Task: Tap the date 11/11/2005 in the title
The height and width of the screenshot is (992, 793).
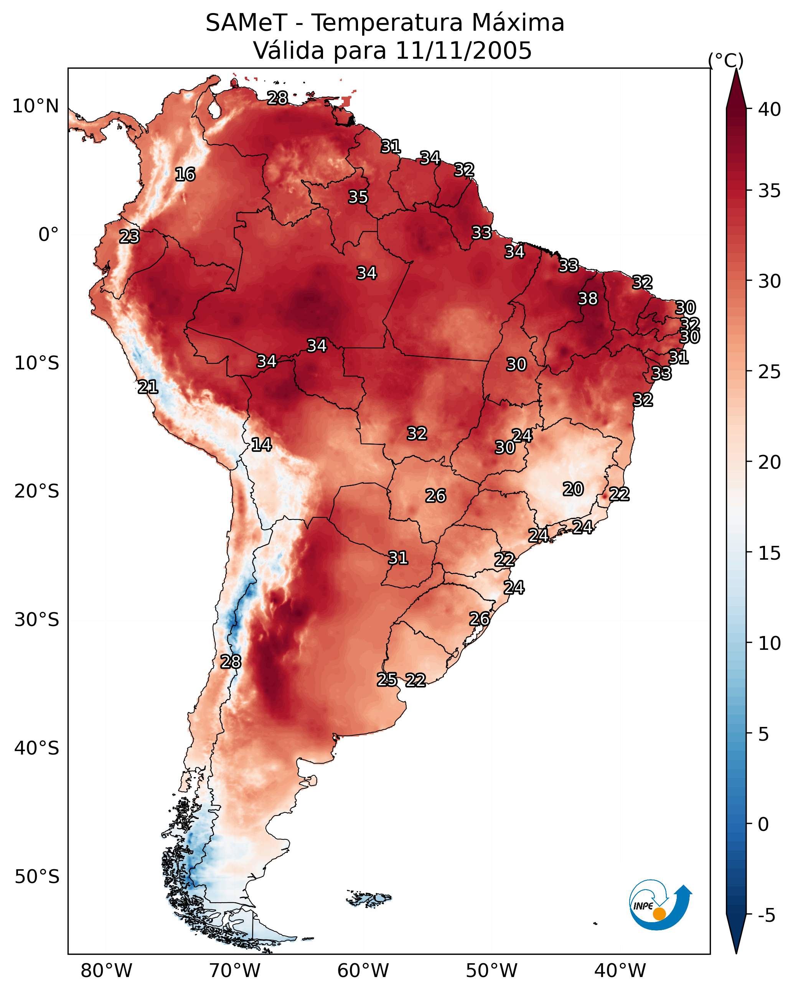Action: (x=463, y=51)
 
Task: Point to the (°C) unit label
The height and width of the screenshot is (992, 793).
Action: (x=725, y=60)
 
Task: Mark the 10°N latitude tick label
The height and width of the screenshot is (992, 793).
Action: (x=35, y=106)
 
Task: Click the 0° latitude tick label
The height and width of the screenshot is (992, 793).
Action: (x=48, y=235)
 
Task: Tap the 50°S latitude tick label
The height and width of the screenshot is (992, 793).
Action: (x=37, y=877)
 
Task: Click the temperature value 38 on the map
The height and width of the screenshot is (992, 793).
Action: (x=588, y=298)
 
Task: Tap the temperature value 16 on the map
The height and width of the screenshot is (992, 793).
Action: (x=185, y=175)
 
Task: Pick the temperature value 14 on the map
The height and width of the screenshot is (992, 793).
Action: (x=261, y=445)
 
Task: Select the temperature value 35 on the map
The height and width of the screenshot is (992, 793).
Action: (x=358, y=197)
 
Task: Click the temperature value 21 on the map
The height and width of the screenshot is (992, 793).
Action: (x=148, y=387)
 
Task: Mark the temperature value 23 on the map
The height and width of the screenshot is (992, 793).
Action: (x=129, y=237)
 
